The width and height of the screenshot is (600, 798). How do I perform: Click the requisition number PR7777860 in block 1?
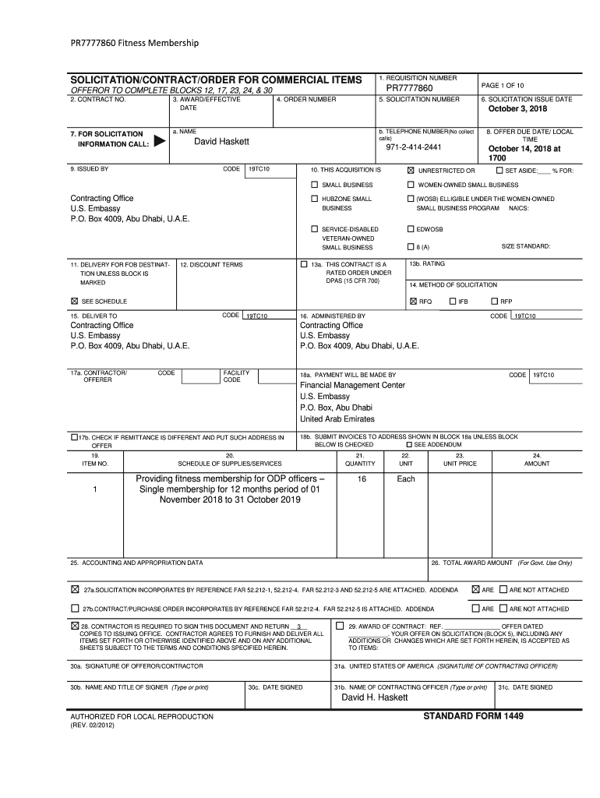tap(408, 89)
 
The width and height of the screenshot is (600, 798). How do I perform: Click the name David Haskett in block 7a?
tap(221, 141)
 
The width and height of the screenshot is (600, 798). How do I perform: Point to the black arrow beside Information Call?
tap(159, 142)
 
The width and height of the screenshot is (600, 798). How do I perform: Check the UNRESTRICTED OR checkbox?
tap(411, 170)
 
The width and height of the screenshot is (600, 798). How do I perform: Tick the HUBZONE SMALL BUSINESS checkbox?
tap(314, 199)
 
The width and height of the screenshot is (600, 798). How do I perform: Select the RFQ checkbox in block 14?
tap(412, 301)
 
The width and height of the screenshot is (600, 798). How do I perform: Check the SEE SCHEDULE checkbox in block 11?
tap(75, 301)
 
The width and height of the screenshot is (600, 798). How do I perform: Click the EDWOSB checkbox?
tap(411, 229)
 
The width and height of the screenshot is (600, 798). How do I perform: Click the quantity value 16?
tap(362, 479)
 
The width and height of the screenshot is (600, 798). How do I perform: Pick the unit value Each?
tap(405, 479)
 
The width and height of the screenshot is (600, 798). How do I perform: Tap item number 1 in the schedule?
tap(94, 489)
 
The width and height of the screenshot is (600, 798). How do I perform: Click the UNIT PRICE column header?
tap(460, 463)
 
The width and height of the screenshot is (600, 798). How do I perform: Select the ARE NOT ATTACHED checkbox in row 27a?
tap(503, 590)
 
